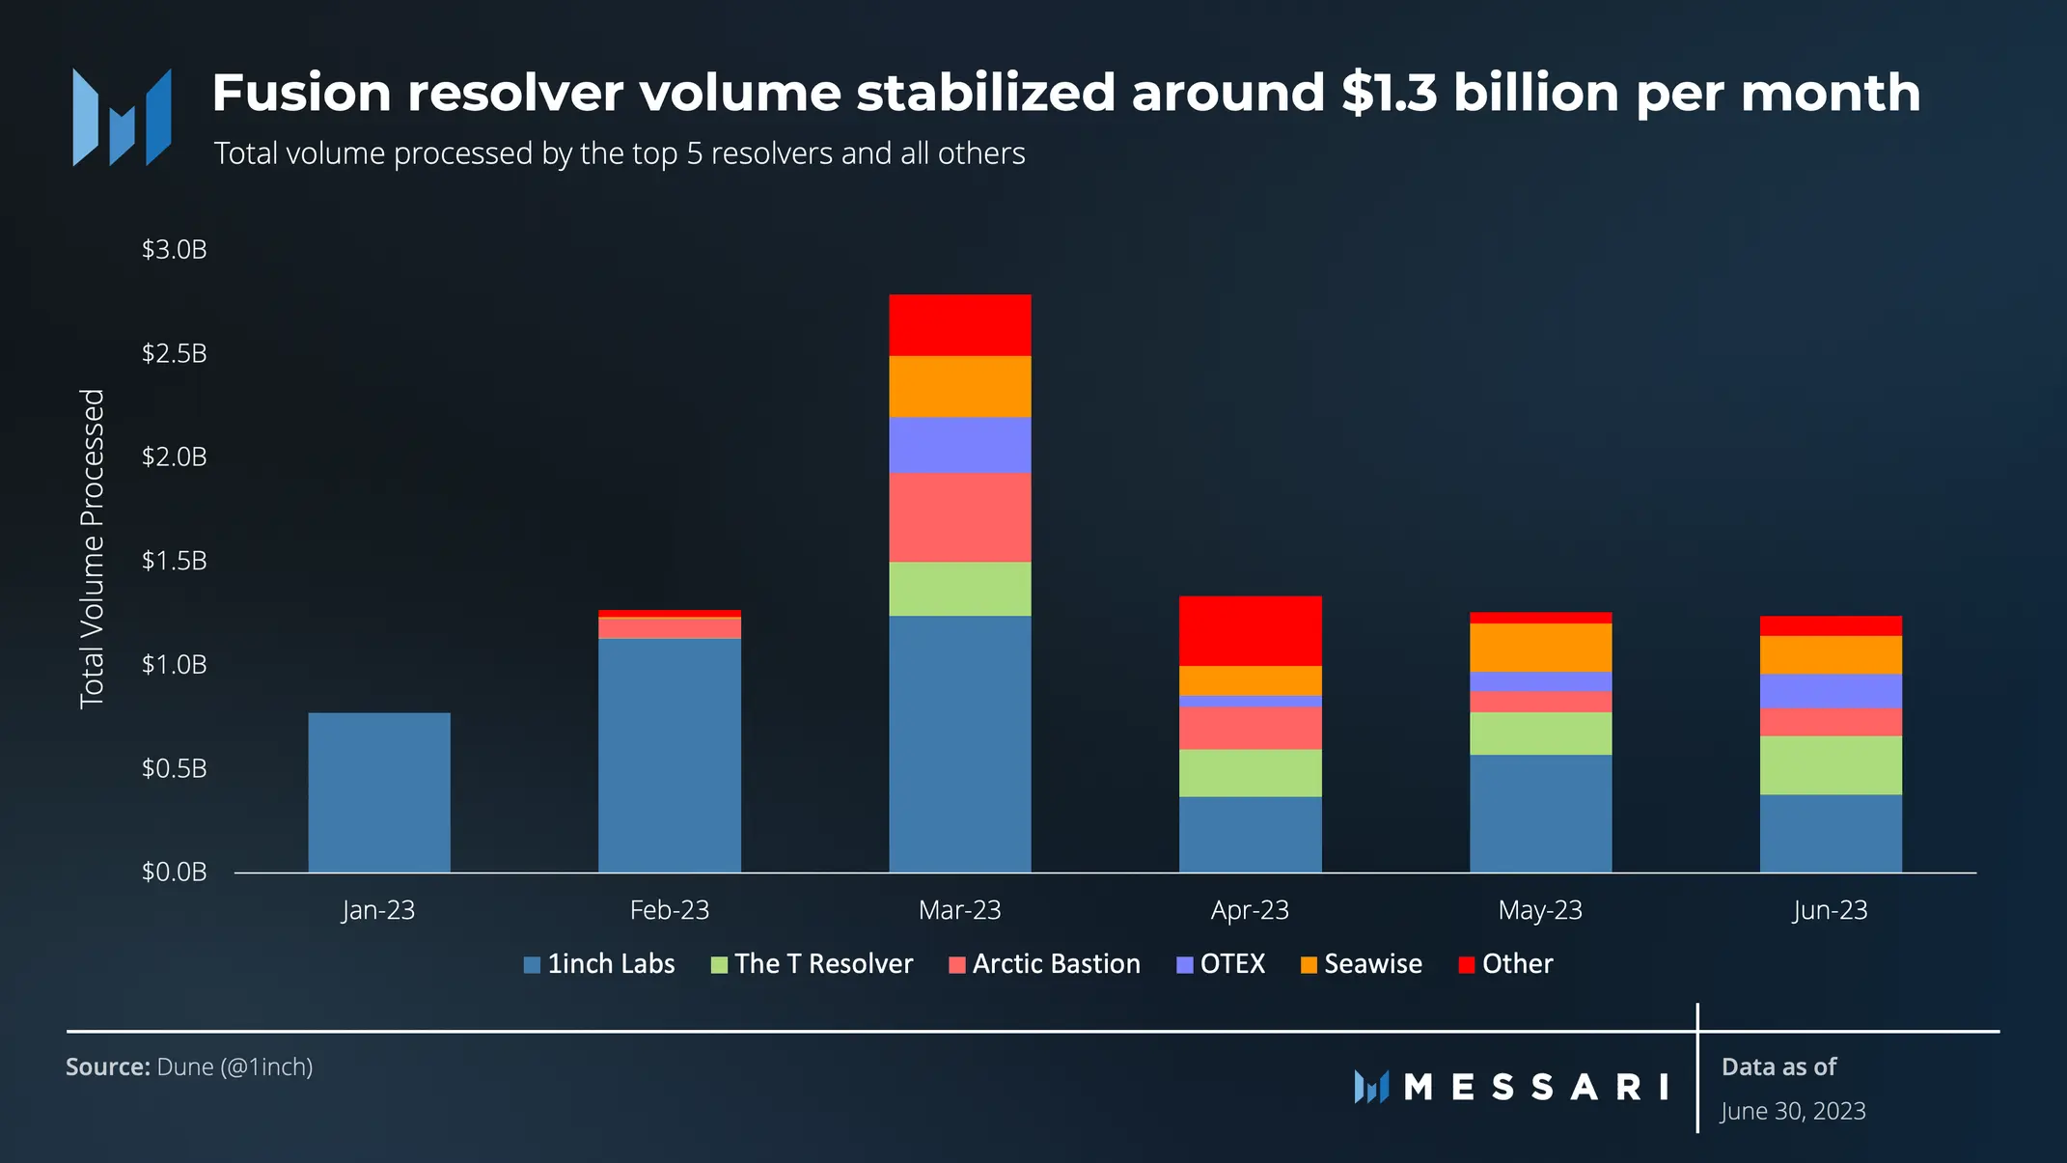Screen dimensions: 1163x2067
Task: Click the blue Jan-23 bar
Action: point(379,792)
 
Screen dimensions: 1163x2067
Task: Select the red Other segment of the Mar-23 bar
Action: point(960,325)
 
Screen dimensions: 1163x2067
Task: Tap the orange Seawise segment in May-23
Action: point(1540,648)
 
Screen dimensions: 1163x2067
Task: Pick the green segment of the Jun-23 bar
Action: point(1831,765)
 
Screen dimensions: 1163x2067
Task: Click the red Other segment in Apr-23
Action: point(1250,631)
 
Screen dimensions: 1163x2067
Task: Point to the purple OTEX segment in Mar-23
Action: point(960,445)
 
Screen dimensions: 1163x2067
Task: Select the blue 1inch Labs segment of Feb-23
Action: point(670,755)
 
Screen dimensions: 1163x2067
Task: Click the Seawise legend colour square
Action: point(1309,965)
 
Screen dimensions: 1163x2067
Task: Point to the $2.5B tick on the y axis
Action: point(175,353)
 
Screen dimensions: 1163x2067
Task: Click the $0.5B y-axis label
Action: point(175,768)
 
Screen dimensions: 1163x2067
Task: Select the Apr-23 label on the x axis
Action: point(1250,910)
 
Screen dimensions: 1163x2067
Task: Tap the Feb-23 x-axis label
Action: point(670,910)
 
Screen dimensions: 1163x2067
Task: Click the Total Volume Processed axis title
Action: point(92,548)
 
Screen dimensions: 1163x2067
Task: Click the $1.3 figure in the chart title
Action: point(1389,94)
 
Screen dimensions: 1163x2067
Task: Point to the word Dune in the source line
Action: point(185,1066)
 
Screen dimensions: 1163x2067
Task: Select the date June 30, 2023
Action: point(1793,1111)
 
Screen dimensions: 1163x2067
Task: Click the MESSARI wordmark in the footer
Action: point(1534,1088)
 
